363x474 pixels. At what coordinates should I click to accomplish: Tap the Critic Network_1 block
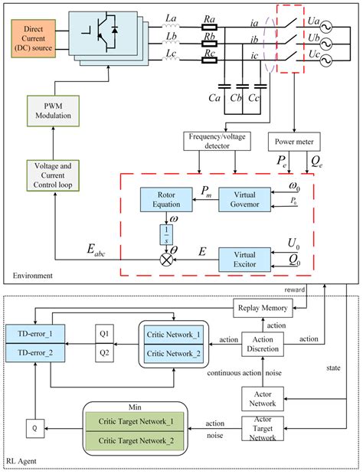coord(174,335)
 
